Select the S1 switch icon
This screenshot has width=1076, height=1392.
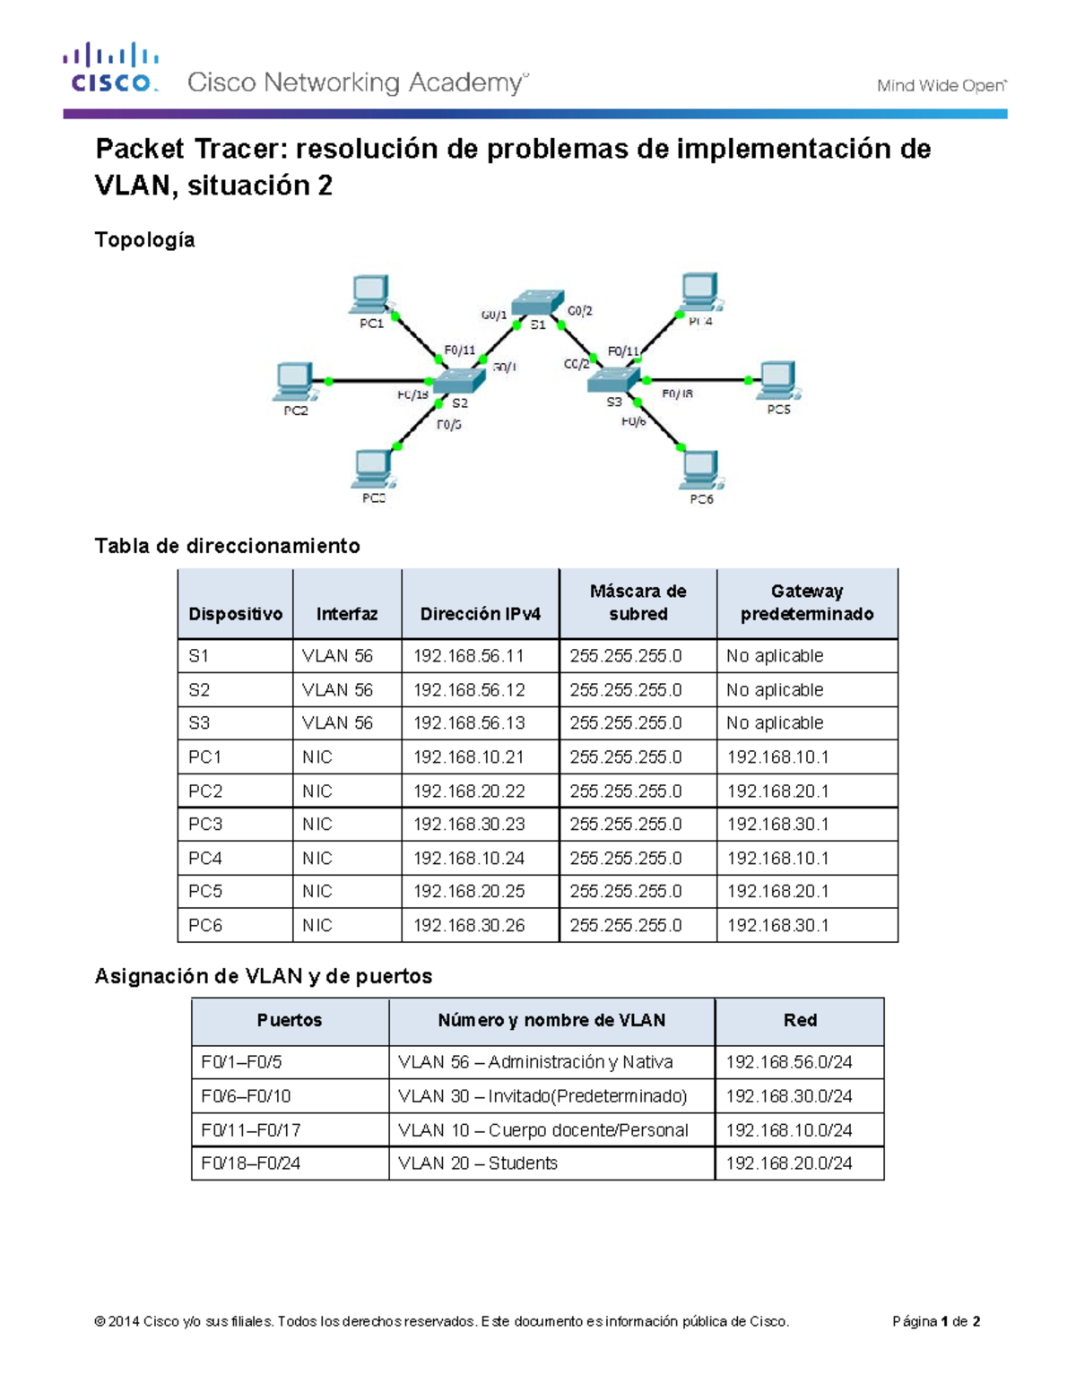coord(537,301)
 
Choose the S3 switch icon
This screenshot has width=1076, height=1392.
coord(613,380)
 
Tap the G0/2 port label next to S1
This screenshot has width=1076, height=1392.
coord(580,311)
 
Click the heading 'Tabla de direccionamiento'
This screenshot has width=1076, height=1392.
coord(227,546)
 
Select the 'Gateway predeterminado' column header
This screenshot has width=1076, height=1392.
coord(807,602)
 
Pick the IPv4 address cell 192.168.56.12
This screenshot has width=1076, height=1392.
coord(469,690)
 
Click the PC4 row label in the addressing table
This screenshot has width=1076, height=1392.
coord(205,858)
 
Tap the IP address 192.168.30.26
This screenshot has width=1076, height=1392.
coord(469,925)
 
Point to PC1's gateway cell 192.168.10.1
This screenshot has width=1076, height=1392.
coord(777,757)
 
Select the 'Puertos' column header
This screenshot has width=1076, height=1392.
coord(290,1020)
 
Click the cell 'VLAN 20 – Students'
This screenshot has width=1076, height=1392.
coord(478,1163)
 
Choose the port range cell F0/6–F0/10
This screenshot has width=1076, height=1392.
coord(246,1096)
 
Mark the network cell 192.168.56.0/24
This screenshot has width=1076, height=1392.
coord(789,1062)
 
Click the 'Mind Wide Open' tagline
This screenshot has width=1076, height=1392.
coord(941,86)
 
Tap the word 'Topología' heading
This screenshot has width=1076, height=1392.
coord(144,239)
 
